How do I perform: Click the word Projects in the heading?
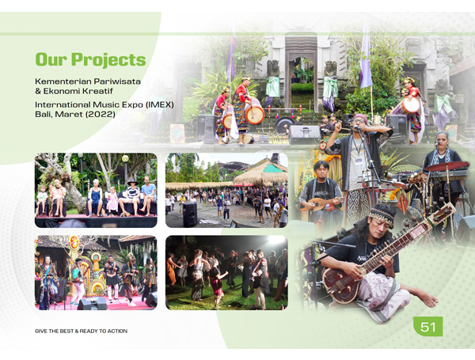108,59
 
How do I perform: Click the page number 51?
428,327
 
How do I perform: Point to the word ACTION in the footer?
116,332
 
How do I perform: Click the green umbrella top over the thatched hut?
273,169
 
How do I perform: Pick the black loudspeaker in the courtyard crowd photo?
190,214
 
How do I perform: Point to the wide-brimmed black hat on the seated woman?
132,181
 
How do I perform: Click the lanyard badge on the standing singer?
359,162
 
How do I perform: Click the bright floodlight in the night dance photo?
275,241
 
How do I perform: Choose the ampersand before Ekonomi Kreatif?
38,91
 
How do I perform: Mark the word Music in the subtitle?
106,104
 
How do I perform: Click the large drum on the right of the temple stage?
411,105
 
